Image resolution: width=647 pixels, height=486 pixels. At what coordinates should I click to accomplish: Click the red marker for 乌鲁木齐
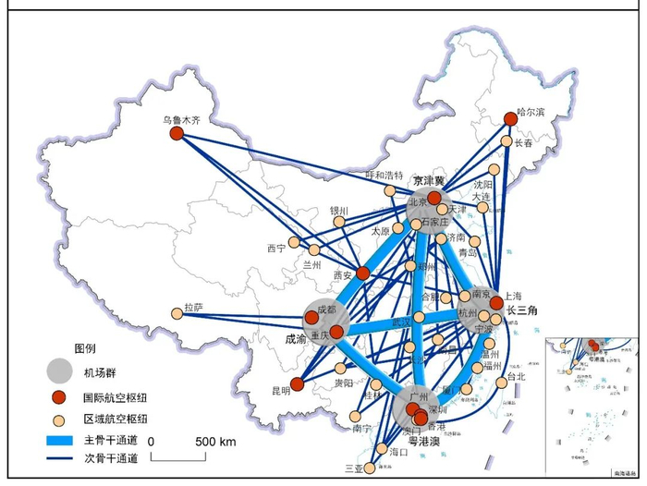point(177,134)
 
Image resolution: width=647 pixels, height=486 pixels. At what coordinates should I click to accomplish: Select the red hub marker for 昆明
point(297,384)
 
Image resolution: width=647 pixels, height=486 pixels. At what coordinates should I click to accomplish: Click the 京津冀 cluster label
point(429,180)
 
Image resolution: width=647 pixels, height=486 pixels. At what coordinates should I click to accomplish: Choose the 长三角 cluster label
point(522,310)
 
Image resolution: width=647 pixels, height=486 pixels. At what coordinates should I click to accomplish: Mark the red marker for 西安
point(363,273)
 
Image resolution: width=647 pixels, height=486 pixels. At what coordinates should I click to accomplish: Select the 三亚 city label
point(353,468)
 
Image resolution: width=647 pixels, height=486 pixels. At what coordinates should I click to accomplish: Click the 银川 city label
point(339,211)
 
